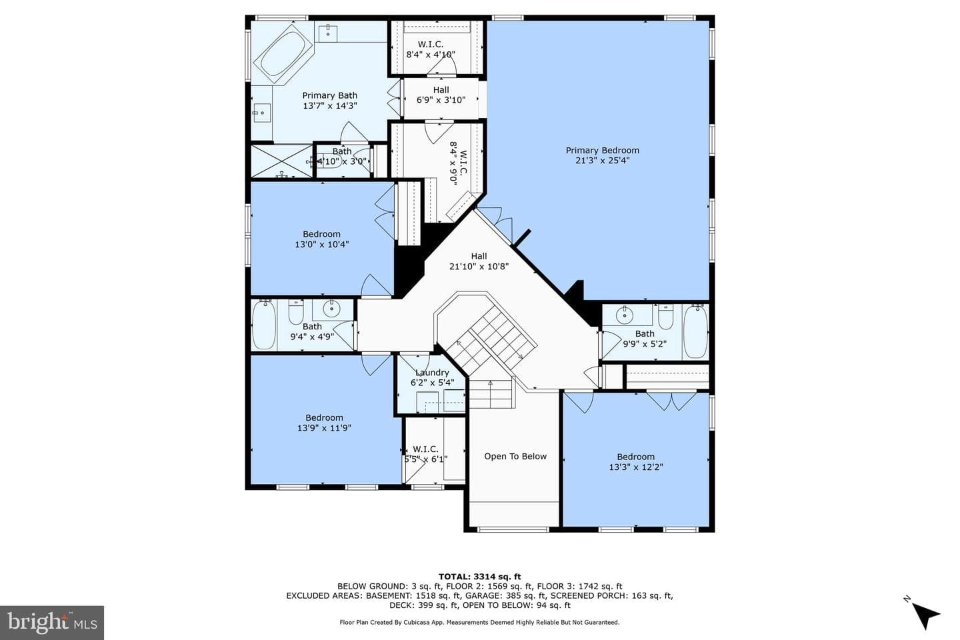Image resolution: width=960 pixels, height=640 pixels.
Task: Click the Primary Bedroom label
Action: pos(602,151)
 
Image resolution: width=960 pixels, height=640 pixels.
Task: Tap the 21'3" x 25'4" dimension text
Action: pos(602,161)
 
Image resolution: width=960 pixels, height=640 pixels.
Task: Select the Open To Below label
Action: pos(515,457)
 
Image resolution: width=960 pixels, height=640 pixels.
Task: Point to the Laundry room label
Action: pos(432,373)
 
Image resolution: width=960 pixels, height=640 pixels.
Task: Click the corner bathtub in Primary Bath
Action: pos(283,55)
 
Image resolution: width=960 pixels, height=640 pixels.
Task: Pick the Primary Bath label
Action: pos(329,95)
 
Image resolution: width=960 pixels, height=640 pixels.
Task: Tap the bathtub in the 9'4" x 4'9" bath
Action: pos(263,325)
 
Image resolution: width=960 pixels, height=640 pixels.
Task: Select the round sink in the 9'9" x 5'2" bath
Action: pos(625,315)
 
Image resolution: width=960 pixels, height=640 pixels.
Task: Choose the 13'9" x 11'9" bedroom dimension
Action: pos(324,428)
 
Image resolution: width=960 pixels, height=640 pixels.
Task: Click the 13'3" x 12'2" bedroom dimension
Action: pos(635,467)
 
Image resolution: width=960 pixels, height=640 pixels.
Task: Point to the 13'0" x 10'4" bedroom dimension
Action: pos(321,245)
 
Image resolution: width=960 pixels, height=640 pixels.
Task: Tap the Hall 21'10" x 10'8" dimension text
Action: pos(479,267)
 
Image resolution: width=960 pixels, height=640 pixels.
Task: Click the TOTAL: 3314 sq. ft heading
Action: pos(479,577)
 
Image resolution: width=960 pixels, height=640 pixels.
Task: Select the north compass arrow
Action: pos(926,615)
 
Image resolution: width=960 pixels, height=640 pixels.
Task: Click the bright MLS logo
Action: pos(52,623)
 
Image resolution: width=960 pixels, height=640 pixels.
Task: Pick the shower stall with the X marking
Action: pos(281,161)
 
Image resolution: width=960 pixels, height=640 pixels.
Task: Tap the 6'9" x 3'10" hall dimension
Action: pos(441,100)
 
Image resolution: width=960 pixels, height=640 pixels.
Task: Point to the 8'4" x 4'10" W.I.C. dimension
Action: pos(430,55)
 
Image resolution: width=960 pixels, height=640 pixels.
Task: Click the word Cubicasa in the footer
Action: pos(416,623)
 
